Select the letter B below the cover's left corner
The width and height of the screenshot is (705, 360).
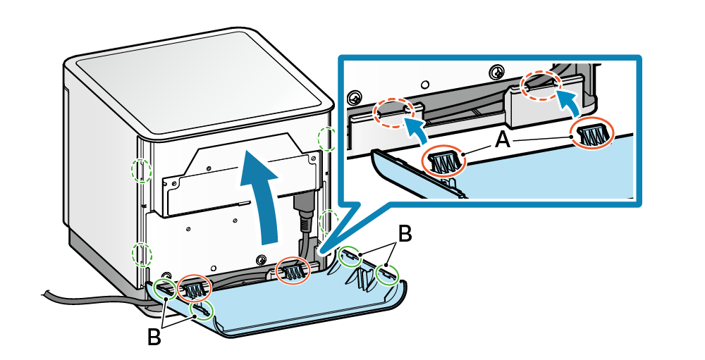click(x=154, y=336)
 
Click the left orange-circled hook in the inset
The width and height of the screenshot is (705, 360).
click(x=443, y=161)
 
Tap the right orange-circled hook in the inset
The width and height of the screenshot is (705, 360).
click(x=591, y=133)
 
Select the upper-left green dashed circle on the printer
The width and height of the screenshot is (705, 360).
click(x=142, y=170)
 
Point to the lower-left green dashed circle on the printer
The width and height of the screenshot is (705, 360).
click(x=142, y=254)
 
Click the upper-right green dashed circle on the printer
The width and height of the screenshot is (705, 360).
click(x=326, y=138)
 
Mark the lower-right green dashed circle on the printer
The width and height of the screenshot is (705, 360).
click(x=328, y=223)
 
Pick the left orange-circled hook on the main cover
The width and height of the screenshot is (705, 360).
click(x=194, y=287)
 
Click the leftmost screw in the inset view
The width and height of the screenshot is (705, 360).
click(x=357, y=96)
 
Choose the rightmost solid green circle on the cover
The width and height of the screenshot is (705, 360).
click(x=387, y=274)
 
